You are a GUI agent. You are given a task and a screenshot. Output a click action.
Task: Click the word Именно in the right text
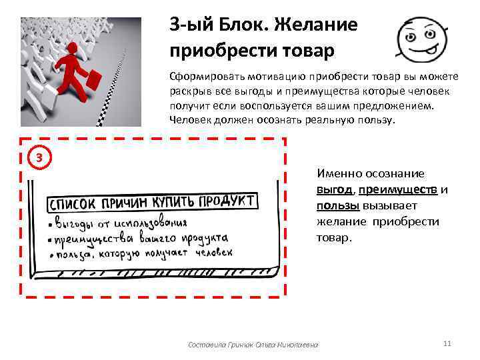point(337,173)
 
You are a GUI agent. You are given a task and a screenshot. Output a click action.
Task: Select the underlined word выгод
point(333,189)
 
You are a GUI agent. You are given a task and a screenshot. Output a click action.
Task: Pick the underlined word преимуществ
point(397,189)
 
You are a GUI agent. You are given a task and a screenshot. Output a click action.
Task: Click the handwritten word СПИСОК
point(74,203)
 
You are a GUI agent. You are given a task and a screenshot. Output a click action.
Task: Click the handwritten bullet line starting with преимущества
point(140,238)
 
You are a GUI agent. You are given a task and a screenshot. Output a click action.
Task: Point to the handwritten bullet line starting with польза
point(143,253)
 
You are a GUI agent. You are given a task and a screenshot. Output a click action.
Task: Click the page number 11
point(447,343)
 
